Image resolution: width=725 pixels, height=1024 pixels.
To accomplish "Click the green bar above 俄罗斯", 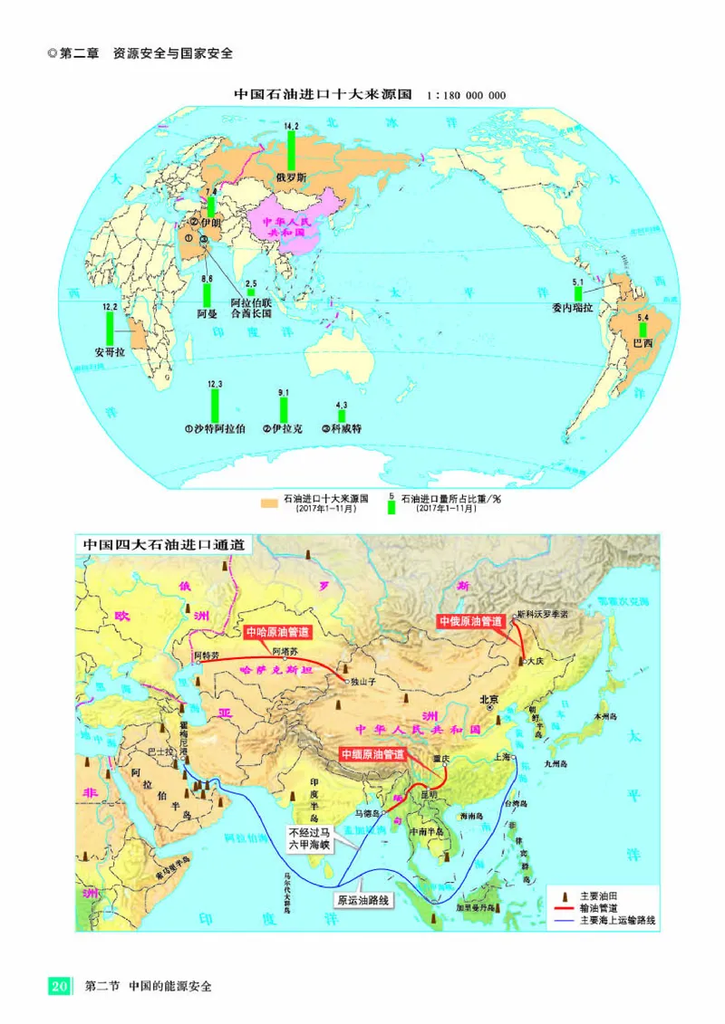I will [292, 149].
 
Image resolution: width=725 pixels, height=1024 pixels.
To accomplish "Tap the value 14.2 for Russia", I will [291, 125].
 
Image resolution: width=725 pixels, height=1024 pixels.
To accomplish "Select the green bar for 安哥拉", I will [110, 328].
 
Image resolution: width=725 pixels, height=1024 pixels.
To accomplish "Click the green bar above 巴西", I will [643, 329].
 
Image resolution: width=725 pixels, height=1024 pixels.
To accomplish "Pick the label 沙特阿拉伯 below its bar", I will [215, 428].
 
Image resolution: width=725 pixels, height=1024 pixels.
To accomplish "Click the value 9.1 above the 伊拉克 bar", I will [283, 392].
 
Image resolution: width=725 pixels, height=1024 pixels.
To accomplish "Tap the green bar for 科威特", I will [342, 416].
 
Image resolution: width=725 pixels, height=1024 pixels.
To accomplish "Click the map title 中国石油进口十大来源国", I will [324, 94].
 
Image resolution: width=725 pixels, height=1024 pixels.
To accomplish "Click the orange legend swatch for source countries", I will [267, 501].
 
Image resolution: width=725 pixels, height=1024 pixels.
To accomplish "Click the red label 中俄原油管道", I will [469, 621].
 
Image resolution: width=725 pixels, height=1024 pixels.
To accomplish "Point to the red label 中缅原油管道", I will [372, 753].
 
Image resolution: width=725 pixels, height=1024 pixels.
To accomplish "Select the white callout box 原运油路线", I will [362, 901].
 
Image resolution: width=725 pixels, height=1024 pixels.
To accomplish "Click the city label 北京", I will [488, 698].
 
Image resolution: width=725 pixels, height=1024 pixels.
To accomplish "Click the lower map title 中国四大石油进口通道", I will [163, 545].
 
